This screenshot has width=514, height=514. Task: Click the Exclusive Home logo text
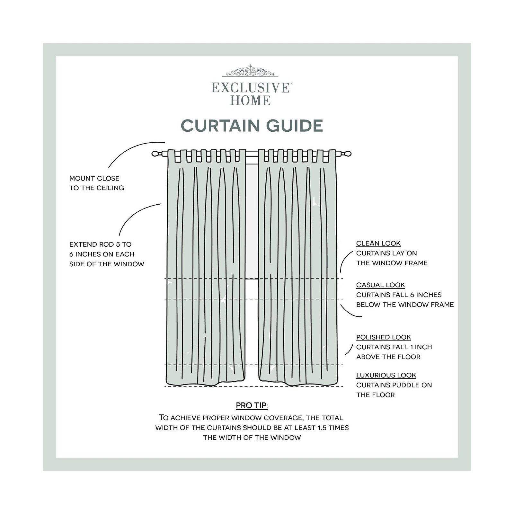pos(252,94)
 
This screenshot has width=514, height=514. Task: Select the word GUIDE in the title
pos(295,126)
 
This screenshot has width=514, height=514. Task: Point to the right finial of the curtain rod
pos(344,154)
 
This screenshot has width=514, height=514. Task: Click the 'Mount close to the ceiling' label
pos(97,183)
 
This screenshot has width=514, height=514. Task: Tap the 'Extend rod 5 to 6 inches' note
pos(107,254)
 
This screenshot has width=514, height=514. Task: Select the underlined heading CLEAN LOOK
pos(378,244)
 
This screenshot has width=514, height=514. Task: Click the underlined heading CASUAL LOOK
pos(381,285)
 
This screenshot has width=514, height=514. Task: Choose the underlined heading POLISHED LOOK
pos(384,337)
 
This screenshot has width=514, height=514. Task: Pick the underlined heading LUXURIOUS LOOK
pos(386,375)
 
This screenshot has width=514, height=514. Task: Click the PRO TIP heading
pos(252,405)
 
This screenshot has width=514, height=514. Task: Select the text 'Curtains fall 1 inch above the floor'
pos(394,352)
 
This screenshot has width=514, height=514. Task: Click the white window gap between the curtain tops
pos(252,218)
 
